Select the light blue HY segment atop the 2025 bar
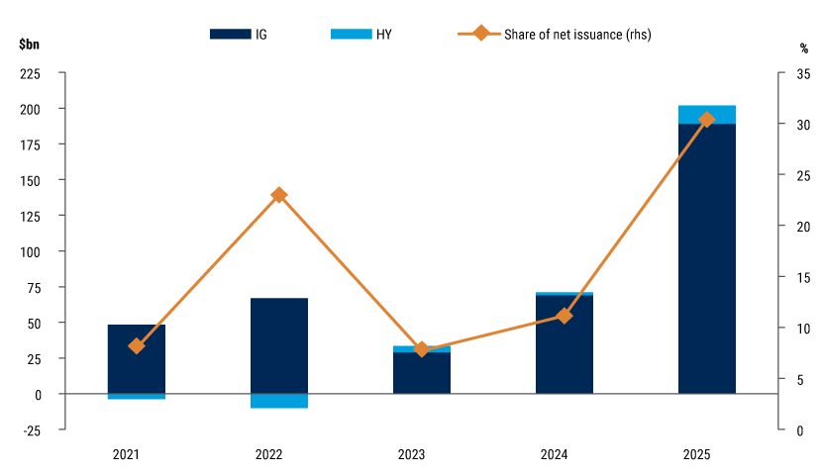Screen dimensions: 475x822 (x=706, y=114)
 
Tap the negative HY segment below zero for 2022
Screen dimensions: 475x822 (x=278, y=401)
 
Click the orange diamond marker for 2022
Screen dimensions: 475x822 (x=279, y=195)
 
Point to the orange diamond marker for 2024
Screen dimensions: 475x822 (x=565, y=316)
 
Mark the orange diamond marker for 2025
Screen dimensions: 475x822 (x=706, y=120)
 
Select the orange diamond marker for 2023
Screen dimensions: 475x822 (x=422, y=349)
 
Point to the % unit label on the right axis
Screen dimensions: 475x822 (x=804, y=47)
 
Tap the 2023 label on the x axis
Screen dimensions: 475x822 (x=412, y=455)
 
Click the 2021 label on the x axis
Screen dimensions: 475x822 (x=126, y=455)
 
